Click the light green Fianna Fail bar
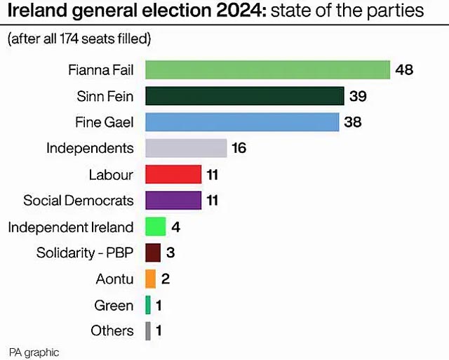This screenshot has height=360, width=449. (x=267, y=70)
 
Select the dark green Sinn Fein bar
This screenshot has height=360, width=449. (x=244, y=96)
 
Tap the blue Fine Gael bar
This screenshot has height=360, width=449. (x=242, y=122)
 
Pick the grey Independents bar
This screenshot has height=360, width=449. (x=186, y=148)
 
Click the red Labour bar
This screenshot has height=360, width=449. (x=173, y=175)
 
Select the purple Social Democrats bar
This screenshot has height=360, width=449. (x=173, y=201)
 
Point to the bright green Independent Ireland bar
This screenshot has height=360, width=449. (x=155, y=227)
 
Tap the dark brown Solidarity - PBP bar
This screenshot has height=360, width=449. (x=153, y=253)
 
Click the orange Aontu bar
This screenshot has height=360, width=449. (x=150, y=279)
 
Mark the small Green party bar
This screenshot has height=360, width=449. (x=148, y=305)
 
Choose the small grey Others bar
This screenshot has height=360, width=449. (x=148, y=331)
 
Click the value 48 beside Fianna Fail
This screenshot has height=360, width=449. (x=404, y=70)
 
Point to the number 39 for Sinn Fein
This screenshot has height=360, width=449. (x=358, y=96)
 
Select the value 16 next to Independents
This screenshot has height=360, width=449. (x=239, y=148)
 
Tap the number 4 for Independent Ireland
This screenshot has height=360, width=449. (x=175, y=227)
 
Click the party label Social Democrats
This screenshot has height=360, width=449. (x=79, y=201)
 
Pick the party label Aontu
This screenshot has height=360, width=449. (x=114, y=279)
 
